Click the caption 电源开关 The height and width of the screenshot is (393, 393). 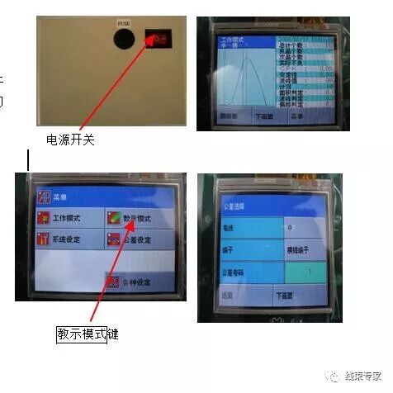click(70, 140)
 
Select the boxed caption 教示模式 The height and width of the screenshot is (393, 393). click(82, 334)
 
